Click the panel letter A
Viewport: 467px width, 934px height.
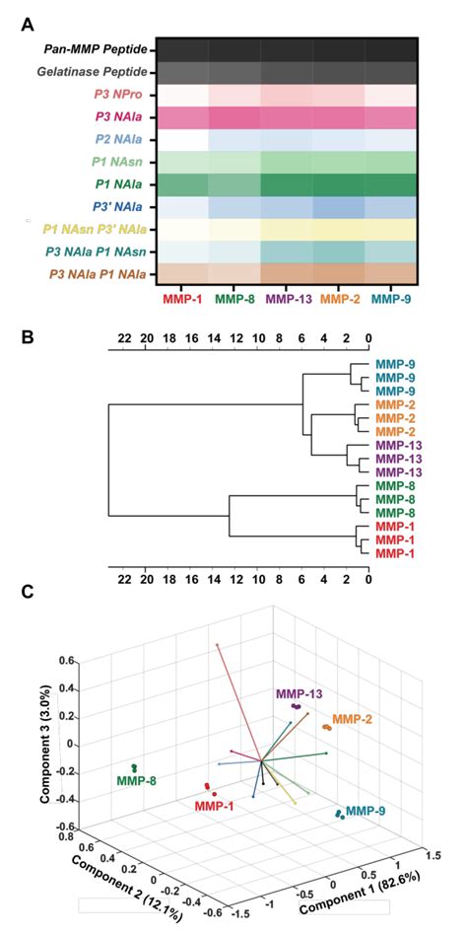point(29,21)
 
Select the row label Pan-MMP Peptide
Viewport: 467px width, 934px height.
point(95,48)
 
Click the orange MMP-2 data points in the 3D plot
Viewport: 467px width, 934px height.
point(326,727)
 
